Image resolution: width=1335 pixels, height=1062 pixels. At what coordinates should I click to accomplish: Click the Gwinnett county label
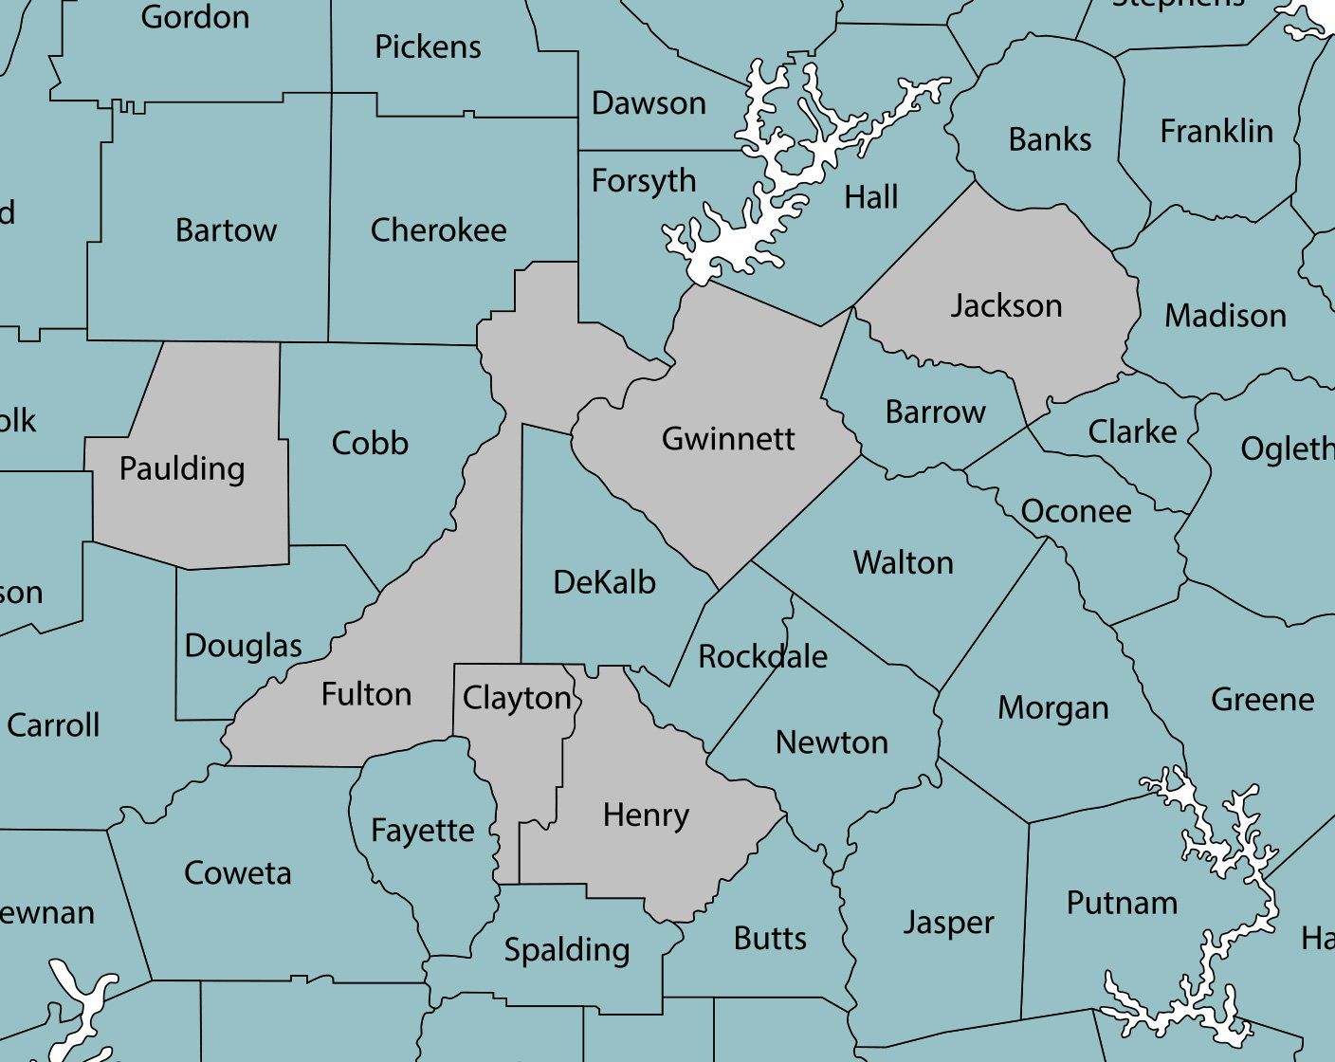(x=727, y=439)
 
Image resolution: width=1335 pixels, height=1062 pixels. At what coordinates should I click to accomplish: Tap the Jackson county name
(x=1006, y=306)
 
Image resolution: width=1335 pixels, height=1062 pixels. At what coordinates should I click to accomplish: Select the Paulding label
(x=182, y=469)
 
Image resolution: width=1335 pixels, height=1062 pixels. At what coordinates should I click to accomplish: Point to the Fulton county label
(x=366, y=695)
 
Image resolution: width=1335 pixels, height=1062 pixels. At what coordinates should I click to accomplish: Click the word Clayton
(x=517, y=699)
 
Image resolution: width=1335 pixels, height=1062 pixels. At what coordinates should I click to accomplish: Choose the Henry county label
(x=646, y=815)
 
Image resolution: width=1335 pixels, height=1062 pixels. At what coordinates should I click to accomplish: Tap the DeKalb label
(x=604, y=582)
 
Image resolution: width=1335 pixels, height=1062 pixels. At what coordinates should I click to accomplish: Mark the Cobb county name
(x=370, y=443)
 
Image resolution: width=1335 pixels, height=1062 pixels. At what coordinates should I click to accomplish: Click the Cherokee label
(x=438, y=230)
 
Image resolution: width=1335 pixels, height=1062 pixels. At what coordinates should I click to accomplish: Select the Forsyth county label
(x=644, y=181)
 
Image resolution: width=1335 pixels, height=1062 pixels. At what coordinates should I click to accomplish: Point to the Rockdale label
(x=762, y=656)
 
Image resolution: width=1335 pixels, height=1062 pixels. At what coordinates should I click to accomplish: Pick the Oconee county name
(x=1076, y=512)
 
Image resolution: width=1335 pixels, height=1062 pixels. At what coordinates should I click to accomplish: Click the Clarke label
(x=1132, y=432)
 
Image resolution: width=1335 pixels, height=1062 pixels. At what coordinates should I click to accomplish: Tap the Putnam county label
(x=1122, y=903)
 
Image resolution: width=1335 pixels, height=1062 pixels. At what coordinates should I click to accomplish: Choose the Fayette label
(x=422, y=831)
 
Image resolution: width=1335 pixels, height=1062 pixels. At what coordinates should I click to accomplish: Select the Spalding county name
(x=566, y=950)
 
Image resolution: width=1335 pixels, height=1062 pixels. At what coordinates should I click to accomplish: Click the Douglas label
(x=243, y=646)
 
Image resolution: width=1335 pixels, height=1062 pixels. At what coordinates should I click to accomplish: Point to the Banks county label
(x=1050, y=140)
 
